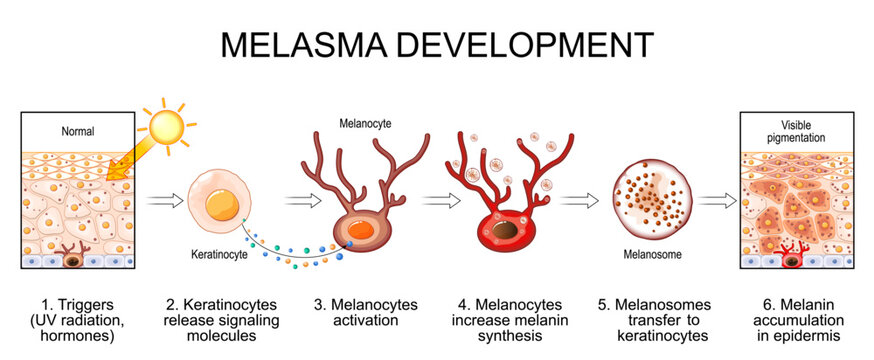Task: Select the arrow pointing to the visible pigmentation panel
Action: point(715,200)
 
